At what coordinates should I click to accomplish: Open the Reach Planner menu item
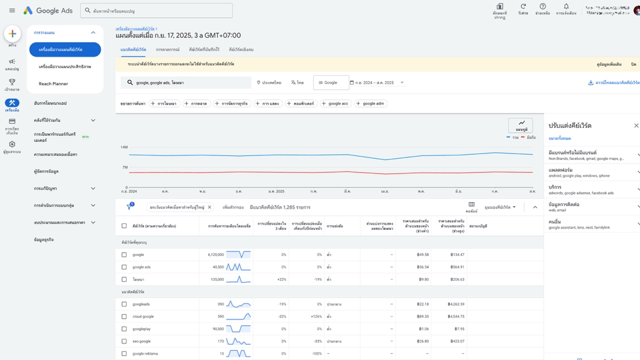click(x=53, y=83)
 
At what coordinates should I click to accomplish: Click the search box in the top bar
click(x=157, y=11)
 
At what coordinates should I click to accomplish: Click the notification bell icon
click(x=566, y=7)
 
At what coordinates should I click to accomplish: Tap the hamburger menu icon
click(x=12, y=11)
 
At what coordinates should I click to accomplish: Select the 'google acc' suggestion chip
click(x=336, y=103)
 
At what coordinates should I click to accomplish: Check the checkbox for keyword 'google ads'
click(x=124, y=267)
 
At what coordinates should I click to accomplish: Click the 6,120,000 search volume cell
click(x=215, y=255)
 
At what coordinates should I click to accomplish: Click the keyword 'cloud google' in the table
click(x=143, y=316)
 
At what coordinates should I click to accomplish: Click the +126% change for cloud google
click(x=315, y=316)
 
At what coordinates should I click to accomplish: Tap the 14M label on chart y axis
click(x=124, y=147)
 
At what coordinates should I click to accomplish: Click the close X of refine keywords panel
click(x=636, y=125)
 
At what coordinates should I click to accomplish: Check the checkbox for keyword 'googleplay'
click(x=124, y=329)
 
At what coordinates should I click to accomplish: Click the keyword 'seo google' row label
click(x=141, y=341)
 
